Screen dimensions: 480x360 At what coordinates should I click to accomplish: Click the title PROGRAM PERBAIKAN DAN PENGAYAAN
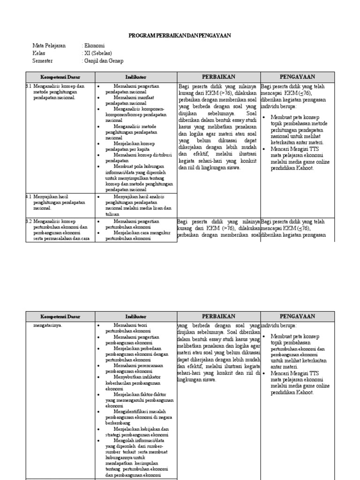point(180,36)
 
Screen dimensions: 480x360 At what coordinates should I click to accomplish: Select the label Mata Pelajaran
point(49,46)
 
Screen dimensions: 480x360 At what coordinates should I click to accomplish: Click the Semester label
point(43,61)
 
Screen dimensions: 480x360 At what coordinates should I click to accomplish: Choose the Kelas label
point(39,53)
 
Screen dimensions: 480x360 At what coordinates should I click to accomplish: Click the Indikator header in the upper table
point(136,77)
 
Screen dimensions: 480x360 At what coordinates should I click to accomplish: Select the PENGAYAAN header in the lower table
point(298,317)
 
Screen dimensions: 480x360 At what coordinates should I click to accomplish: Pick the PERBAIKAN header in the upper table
point(218,77)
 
